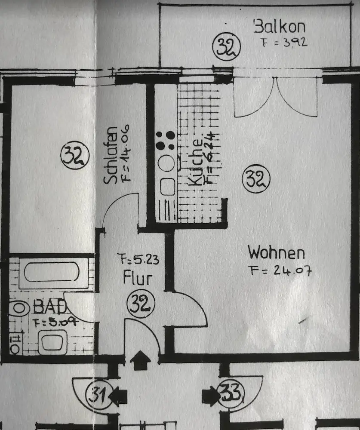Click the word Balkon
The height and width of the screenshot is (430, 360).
click(x=280, y=27)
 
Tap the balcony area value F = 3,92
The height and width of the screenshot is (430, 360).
click(x=284, y=43)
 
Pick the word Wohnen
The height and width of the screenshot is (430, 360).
click(x=276, y=252)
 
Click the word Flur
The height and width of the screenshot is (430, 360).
click(x=137, y=278)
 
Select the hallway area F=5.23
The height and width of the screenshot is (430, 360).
click(x=138, y=259)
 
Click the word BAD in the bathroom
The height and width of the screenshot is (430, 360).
click(x=50, y=307)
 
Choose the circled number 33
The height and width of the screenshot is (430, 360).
click(x=231, y=393)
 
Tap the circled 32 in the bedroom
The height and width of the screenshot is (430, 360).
click(x=75, y=156)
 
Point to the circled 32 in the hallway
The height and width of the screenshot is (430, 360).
click(x=141, y=304)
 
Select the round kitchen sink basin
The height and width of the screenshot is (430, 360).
click(x=166, y=163)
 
